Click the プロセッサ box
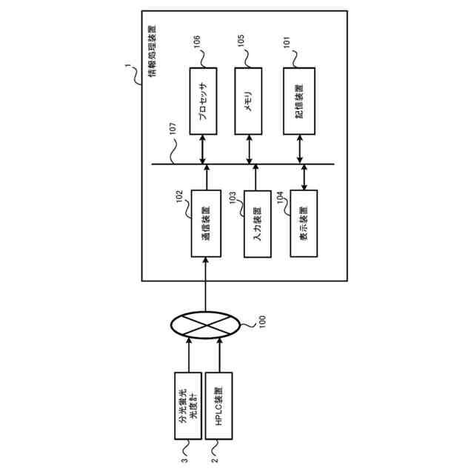203,101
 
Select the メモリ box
249,101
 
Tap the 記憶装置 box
299,101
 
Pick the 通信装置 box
206,224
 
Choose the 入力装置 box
257,224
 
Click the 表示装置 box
304,224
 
